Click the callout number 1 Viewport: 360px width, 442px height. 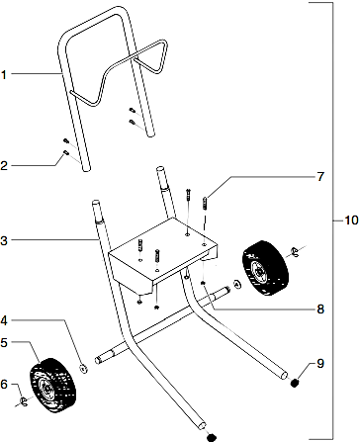5,74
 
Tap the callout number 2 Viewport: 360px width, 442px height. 5,167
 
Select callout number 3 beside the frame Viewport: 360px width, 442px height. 5,240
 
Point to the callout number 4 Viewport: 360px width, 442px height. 5,320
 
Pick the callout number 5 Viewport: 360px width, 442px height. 5,342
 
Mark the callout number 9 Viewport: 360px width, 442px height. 320,365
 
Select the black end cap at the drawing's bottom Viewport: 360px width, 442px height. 210,435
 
